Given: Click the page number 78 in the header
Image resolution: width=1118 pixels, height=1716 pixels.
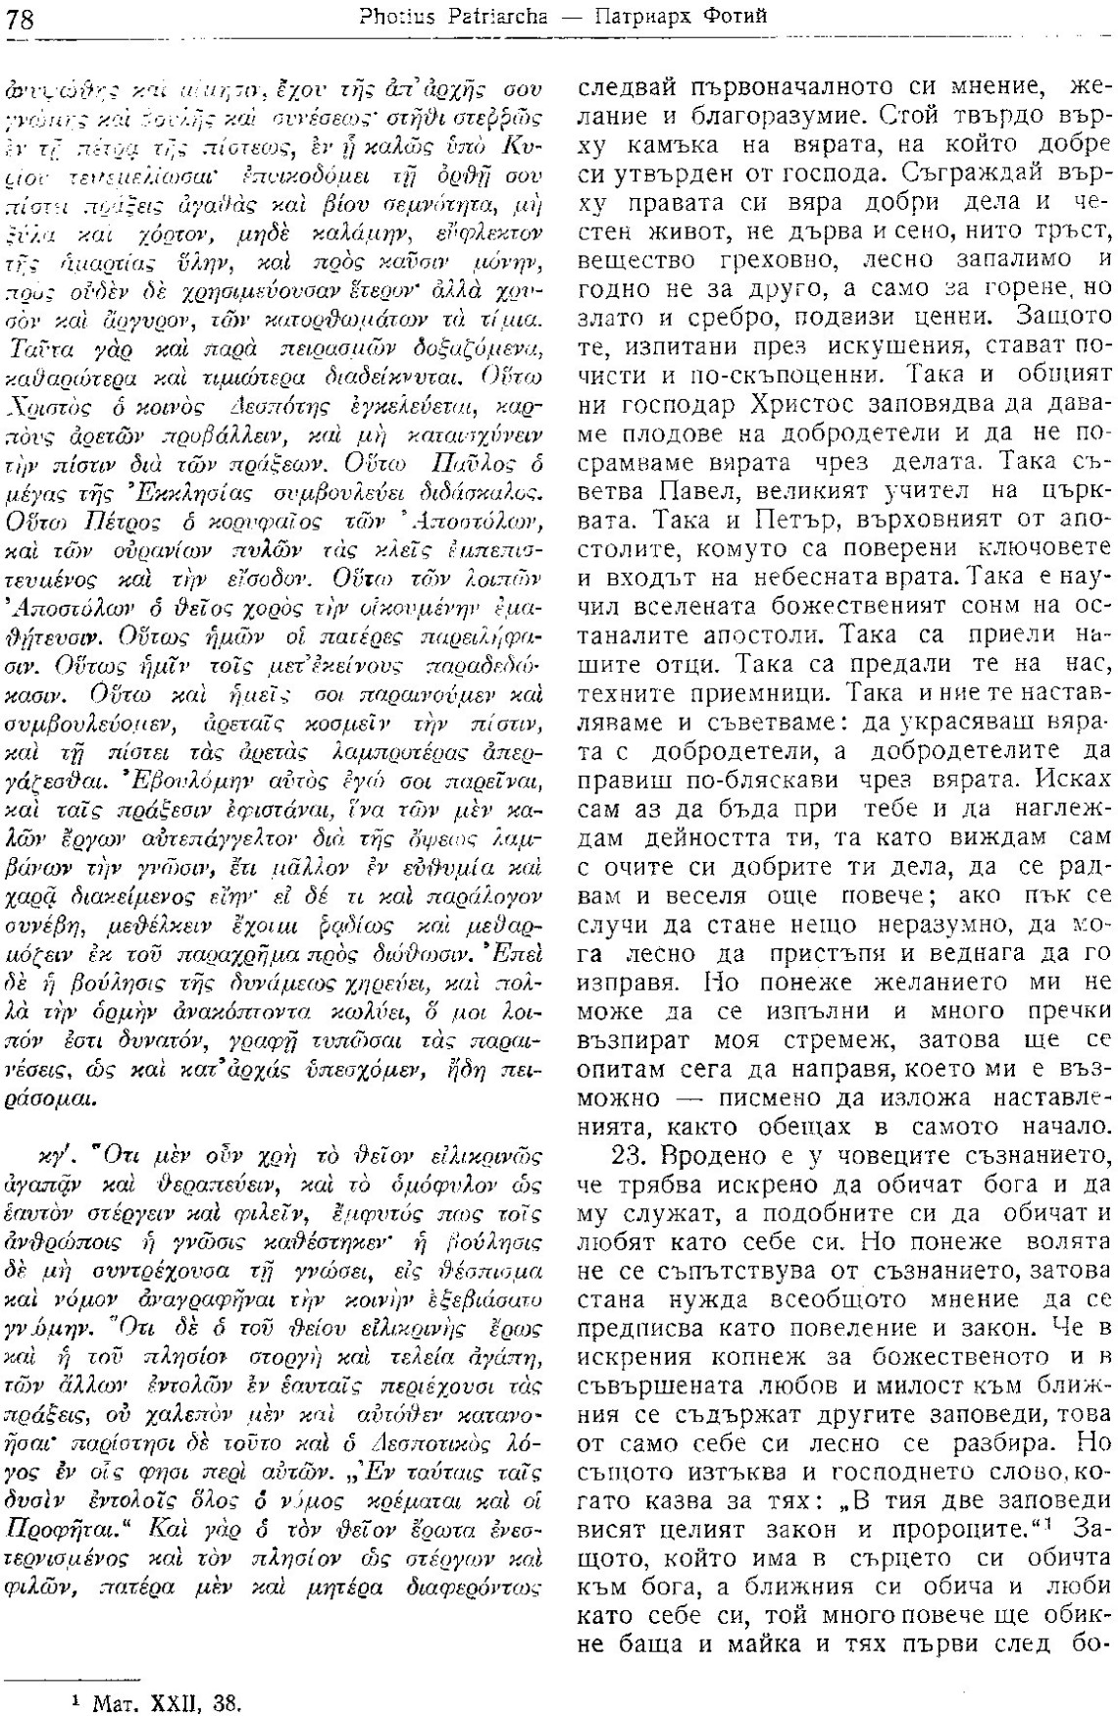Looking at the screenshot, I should coord(21,17).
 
